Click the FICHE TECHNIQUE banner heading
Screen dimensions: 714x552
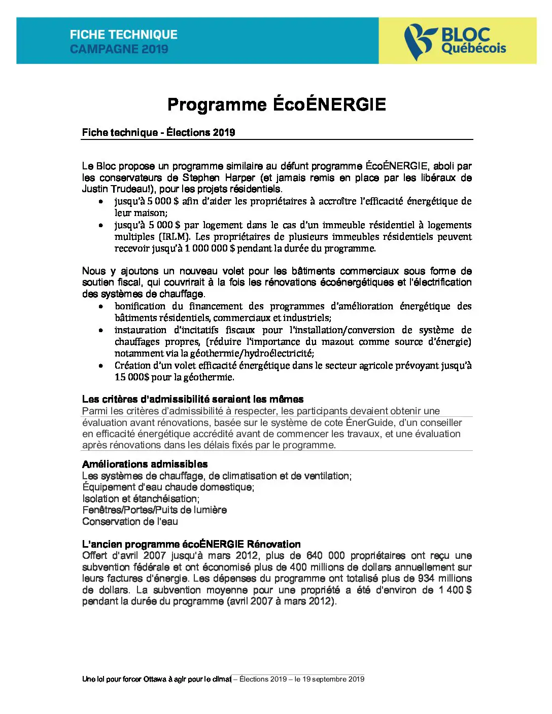124,34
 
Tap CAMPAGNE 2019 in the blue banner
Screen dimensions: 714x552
119,49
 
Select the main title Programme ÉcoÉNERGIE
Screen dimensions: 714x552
277,104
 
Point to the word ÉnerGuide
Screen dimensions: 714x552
372,422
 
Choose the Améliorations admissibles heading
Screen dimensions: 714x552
145,464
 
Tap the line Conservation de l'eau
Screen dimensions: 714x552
130,521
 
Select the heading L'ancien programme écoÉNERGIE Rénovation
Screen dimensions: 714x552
191,544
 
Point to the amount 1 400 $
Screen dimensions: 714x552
455,590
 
